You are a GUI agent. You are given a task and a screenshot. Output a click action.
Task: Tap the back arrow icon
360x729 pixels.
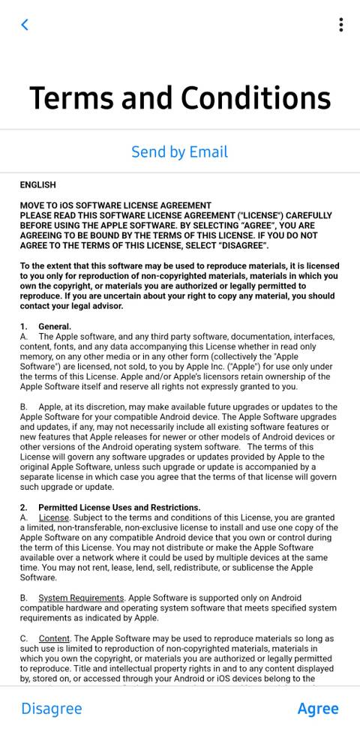coord(25,25)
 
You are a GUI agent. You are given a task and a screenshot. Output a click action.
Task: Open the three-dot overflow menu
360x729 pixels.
coord(340,25)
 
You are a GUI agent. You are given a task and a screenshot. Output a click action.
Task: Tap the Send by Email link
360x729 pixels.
coord(179,151)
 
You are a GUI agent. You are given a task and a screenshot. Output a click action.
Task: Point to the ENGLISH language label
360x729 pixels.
coord(37,185)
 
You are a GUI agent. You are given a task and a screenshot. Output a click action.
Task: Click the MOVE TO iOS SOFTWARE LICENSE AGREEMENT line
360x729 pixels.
coord(115,205)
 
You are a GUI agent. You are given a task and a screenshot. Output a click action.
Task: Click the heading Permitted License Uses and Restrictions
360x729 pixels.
coord(119,508)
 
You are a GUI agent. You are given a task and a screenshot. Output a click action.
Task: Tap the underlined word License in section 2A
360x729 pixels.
coord(53,517)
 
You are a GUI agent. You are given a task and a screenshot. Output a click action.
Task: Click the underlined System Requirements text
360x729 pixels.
coord(81,598)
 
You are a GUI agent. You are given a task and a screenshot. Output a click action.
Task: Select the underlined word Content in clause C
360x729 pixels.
coord(54,639)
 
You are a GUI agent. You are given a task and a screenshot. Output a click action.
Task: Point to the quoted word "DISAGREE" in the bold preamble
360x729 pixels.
coord(242,246)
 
